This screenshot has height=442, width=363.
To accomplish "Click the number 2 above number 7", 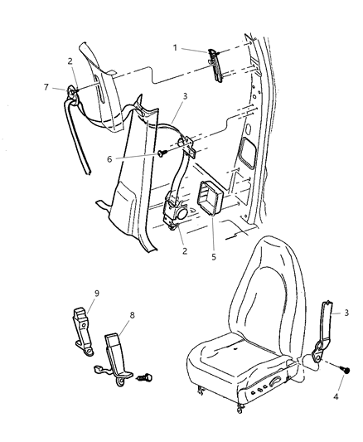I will (x=70, y=60).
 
